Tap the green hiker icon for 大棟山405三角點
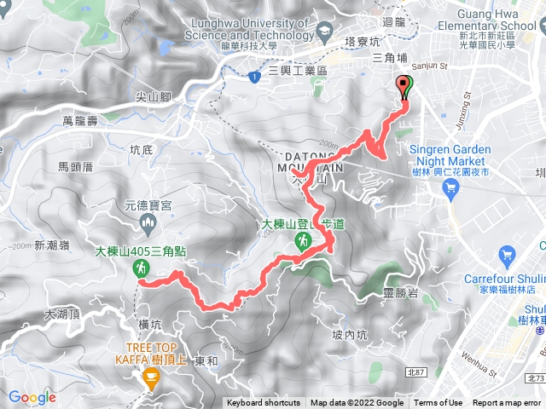tap(139, 268)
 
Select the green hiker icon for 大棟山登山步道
tap(301, 242)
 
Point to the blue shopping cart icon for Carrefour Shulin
tap(508, 254)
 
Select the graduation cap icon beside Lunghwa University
tap(324, 32)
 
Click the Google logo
tap(32, 397)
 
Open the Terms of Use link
tap(439, 403)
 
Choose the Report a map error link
tap(508, 403)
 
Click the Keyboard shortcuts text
tap(263, 403)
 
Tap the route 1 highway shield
tap(254, 78)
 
